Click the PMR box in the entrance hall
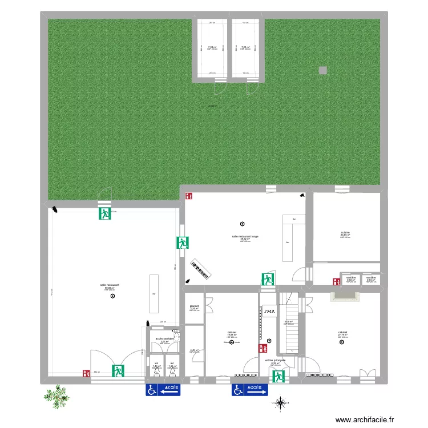(268, 311)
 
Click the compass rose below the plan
(280, 403)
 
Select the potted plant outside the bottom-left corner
(56, 395)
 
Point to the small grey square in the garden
(323, 71)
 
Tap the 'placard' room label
(194, 306)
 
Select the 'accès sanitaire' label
(165, 338)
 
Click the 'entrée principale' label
(275, 361)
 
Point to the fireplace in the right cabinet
(345, 296)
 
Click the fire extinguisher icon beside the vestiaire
(335, 281)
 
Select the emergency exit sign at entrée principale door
(278, 375)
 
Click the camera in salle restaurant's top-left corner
(55, 209)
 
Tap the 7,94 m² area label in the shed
(212, 47)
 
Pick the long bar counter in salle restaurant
(154, 293)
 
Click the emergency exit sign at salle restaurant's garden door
(104, 214)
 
